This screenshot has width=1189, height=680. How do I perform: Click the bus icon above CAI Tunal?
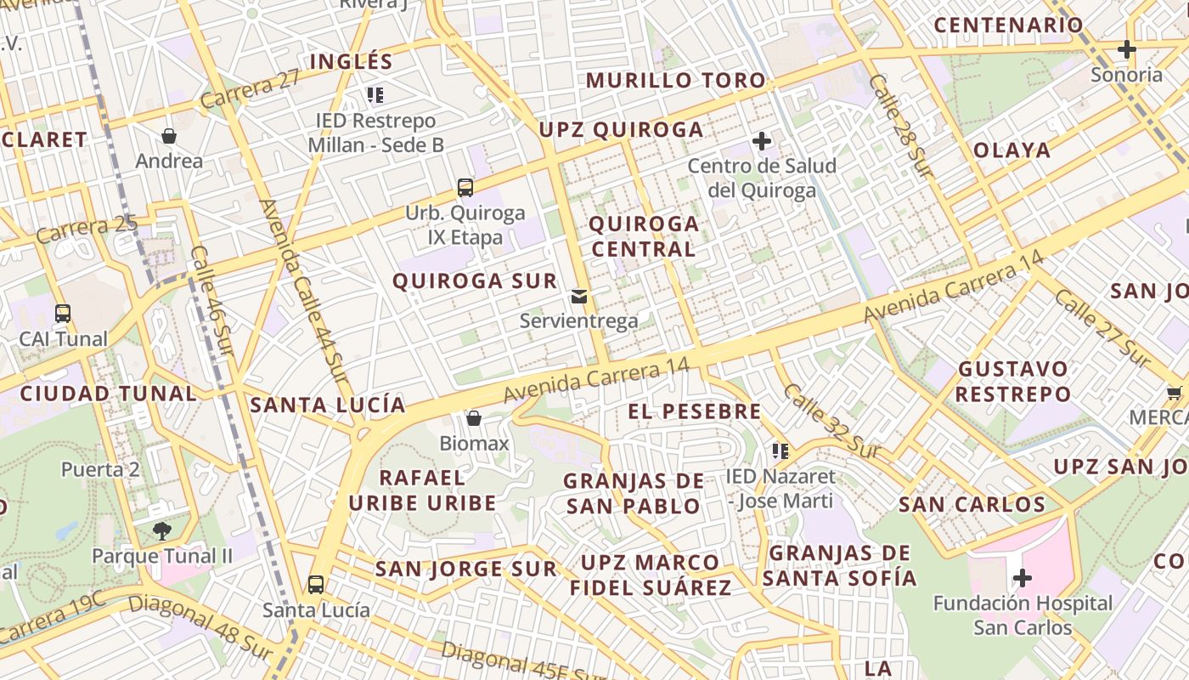pos(63,313)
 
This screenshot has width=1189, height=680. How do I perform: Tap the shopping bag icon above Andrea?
pos(169,136)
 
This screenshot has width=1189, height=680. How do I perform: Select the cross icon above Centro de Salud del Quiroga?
pos(762,140)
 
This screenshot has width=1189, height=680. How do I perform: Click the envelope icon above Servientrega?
pos(579,296)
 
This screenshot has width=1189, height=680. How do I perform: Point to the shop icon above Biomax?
pos(474,418)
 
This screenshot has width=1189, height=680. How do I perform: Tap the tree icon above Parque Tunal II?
pos(161,531)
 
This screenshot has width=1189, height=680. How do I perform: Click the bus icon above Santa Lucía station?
pos(316,585)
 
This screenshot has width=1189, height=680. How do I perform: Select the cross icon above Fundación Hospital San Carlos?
pos(1023,579)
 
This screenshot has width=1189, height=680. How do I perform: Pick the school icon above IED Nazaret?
pos(780,451)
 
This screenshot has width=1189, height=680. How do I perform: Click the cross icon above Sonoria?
pos(1127,49)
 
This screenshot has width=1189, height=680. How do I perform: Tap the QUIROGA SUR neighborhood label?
pos(475,280)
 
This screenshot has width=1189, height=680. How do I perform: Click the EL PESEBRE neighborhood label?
pos(695,411)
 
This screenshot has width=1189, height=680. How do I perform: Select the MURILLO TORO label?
pos(676,81)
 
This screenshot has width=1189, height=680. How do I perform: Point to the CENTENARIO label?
pos(1008,25)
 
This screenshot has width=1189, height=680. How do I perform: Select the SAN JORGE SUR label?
pos(466,569)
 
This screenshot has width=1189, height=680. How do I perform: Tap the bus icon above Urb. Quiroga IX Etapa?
pos(465,188)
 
